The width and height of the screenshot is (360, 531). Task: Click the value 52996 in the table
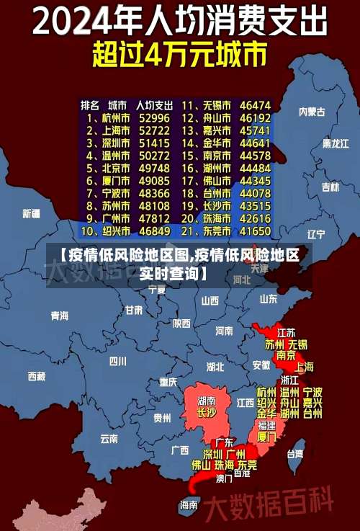[x=154, y=117]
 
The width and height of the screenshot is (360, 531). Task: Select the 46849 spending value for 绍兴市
[x=154, y=231]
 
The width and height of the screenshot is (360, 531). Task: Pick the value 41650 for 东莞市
[x=256, y=231]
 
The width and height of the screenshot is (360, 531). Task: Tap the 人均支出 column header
[x=154, y=105]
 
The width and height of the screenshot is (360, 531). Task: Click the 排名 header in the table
[x=89, y=105]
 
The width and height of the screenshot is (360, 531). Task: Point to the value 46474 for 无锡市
[x=256, y=105]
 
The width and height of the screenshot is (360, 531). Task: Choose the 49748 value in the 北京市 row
[x=154, y=168]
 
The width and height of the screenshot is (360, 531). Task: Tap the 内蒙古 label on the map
[x=312, y=112]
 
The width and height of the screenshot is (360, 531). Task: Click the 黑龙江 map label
[x=335, y=143]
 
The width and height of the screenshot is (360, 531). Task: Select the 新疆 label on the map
[x=31, y=213]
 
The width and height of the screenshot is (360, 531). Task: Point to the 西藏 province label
[x=36, y=375]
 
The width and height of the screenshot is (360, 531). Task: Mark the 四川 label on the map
[x=117, y=360]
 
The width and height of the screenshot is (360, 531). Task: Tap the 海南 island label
[x=189, y=504]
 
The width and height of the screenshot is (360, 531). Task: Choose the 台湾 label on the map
[x=295, y=454]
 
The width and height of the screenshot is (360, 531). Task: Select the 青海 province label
[x=59, y=315]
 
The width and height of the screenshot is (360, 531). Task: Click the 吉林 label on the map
[x=330, y=187]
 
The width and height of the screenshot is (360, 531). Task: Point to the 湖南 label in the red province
[x=207, y=400]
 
